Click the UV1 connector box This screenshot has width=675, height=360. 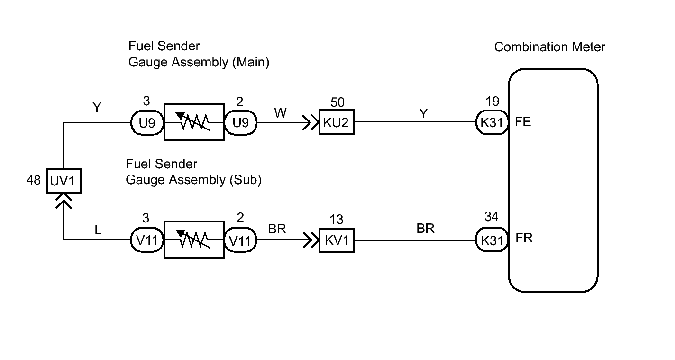(x=64, y=181)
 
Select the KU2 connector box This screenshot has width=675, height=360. (x=337, y=122)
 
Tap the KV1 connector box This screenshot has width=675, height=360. (x=337, y=240)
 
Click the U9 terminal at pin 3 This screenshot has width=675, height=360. (x=147, y=122)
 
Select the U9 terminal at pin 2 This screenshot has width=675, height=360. (x=240, y=122)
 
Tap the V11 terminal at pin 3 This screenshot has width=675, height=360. (x=147, y=240)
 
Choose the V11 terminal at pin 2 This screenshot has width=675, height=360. (x=240, y=240)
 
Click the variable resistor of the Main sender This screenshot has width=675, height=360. (x=194, y=122)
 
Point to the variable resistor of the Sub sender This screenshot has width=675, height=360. (x=194, y=240)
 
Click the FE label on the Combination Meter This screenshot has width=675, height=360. (x=523, y=122)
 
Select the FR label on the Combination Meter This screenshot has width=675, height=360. (x=524, y=238)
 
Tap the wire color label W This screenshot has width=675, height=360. (x=280, y=113)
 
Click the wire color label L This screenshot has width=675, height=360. (x=98, y=230)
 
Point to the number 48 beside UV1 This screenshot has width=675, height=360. (x=34, y=180)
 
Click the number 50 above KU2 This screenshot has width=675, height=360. (x=337, y=102)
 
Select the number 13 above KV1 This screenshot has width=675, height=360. (x=336, y=220)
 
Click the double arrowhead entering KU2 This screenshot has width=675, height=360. (x=310, y=122)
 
